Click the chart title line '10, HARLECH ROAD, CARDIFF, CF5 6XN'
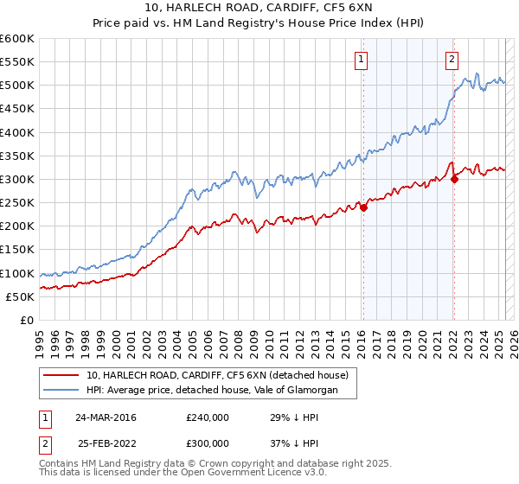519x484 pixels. pyautogui.click(x=259, y=10)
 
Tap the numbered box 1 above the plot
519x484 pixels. pyautogui.click(x=360, y=60)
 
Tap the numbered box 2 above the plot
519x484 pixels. pyautogui.click(x=452, y=60)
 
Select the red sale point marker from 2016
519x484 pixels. pyautogui.click(x=364, y=207)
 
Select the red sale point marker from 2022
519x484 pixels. pyautogui.click(x=454, y=180)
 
